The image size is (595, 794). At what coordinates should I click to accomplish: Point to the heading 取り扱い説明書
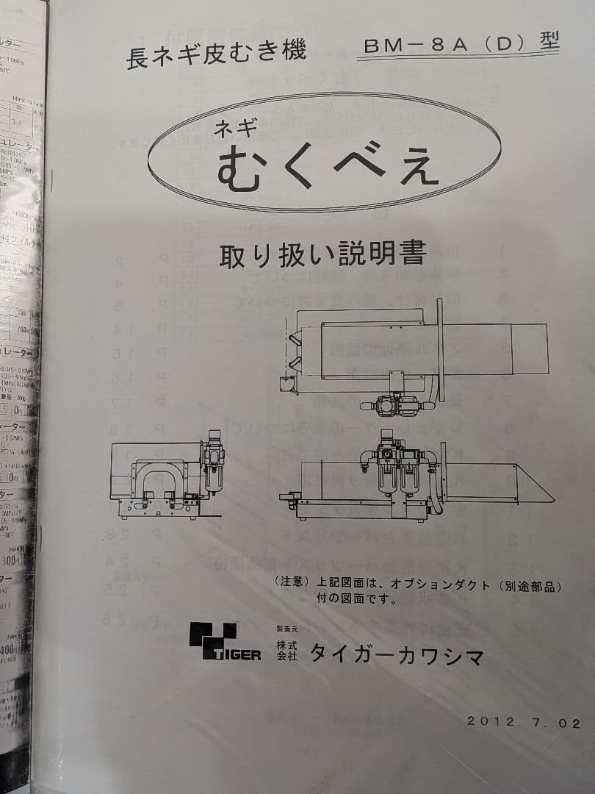coord(323,254)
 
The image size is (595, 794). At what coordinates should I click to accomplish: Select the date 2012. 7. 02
coord(524,722)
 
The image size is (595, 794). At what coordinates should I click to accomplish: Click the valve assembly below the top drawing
coord(397,402)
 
